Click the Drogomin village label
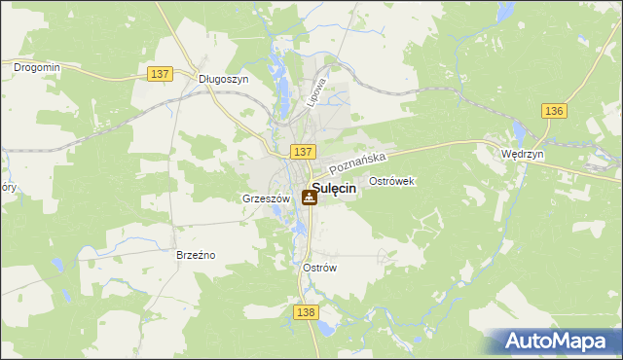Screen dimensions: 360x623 pyautogui.click(x=37, y=67)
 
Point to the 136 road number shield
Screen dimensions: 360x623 pyautogui.click(x=555, y=111)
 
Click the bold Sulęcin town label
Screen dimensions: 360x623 pyautogui.click(x=333, y=191)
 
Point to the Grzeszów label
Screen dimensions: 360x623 pyautogui.click(x=261, y=198)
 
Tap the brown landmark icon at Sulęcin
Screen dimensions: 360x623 pyautogui.click(x=309, y=198)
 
